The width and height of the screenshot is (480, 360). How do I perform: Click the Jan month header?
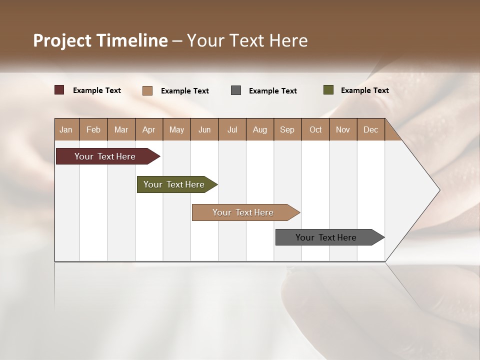pos(66,129)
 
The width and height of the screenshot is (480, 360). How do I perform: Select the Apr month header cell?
pos(149,129)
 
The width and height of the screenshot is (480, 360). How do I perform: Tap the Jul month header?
pos(232,129)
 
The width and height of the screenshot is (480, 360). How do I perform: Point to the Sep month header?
pos(287,129)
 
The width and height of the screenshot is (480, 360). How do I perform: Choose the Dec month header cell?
pos(370,129)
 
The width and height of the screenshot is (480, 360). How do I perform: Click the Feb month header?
pos(93,129)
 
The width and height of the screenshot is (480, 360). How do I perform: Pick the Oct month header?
pos(315,129)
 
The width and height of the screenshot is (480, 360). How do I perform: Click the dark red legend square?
pos(59,90)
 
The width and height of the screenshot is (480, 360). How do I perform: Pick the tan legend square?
pos(147,90)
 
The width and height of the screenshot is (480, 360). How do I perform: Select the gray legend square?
pos(236,90)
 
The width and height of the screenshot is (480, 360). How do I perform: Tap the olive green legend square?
pos(328,90)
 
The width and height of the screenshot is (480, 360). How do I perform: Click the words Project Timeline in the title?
pos(100,40)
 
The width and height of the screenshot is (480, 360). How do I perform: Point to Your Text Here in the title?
pos(247,40)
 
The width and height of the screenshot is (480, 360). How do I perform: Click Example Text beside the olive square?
pos(364,90)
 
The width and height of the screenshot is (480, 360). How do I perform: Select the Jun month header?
pos(204,129)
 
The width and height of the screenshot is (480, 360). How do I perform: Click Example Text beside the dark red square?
pos(97,90)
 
